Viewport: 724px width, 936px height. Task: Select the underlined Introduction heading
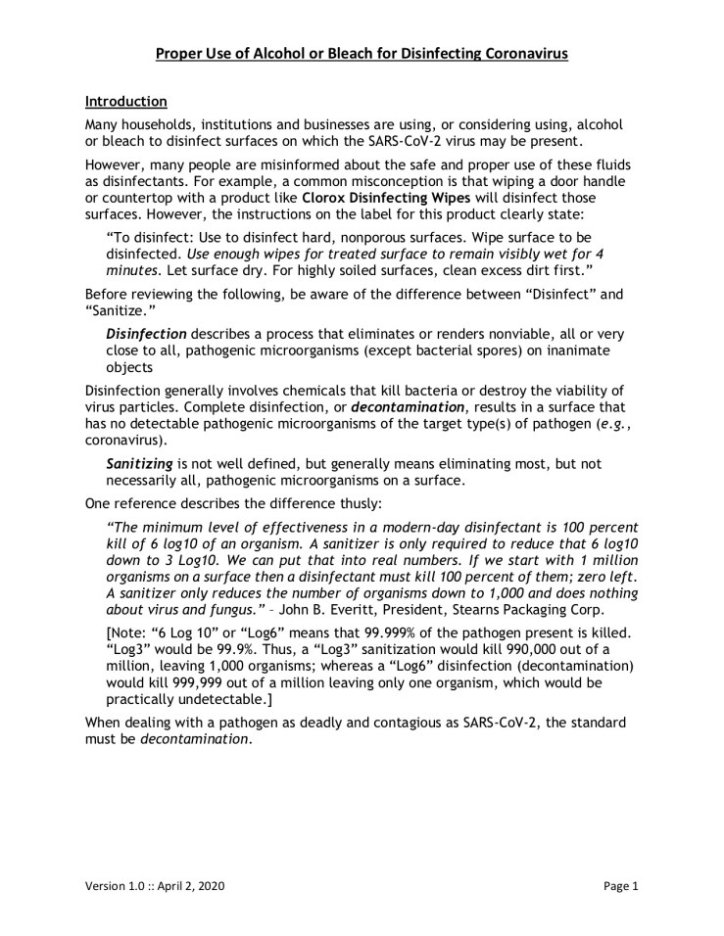[x=125, y=101]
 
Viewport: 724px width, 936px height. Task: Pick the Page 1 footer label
[x=620, y=887]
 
